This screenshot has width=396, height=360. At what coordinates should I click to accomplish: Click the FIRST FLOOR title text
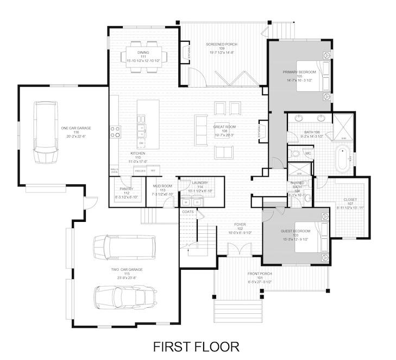[x=196, y=346]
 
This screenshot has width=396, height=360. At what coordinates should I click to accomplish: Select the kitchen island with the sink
[x=147, y=126]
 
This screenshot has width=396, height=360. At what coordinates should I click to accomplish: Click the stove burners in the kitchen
[x=116, y=132]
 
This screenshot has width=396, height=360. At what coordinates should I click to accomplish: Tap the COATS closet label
[x=188, y=212]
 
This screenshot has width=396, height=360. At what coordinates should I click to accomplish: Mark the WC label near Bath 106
[x=307, y=154]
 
